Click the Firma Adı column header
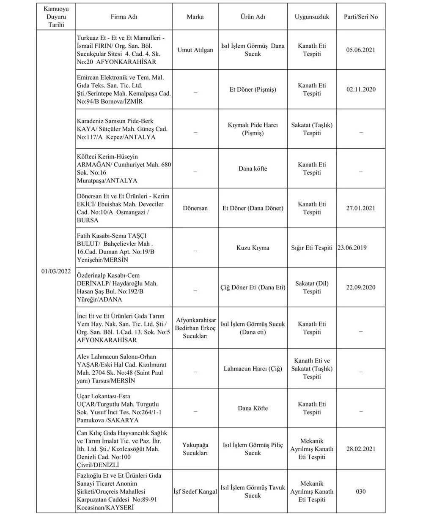pyautogui.click(x=124, y=17)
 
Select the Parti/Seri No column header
pyautogui.click(x=361, y=17)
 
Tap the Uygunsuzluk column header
pyautogui.click(x=312, y=17)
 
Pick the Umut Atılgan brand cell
pyautogui.click(x=195, y=50)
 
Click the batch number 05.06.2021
pyautogui.click(x=361, y=50)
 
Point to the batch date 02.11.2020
pyautogui.click(x=361, y=90)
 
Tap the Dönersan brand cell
pyautogui.click(x=195, y=208)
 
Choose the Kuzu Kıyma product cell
pyautogui.click(x=253, y=248)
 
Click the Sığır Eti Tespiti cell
pyautogui.click(x=312, y=248)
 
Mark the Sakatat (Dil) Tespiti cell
pyautogui.click(x=312, y=287)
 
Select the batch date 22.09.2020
pyautogui.click(x=361, y=287)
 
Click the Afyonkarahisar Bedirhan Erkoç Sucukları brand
pyautogui.click(x=195, y=328)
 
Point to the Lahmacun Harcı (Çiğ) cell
pyautogui.click(x=253, y=368)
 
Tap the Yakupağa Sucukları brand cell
pyautogui.click(x=195, y=449)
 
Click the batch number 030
pyautogui.click(x=361, y=492)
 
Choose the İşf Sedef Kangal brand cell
pyautogui.click(x=195, y=492)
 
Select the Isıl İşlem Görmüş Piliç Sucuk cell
pyautogui.click(x=253, y=449)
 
